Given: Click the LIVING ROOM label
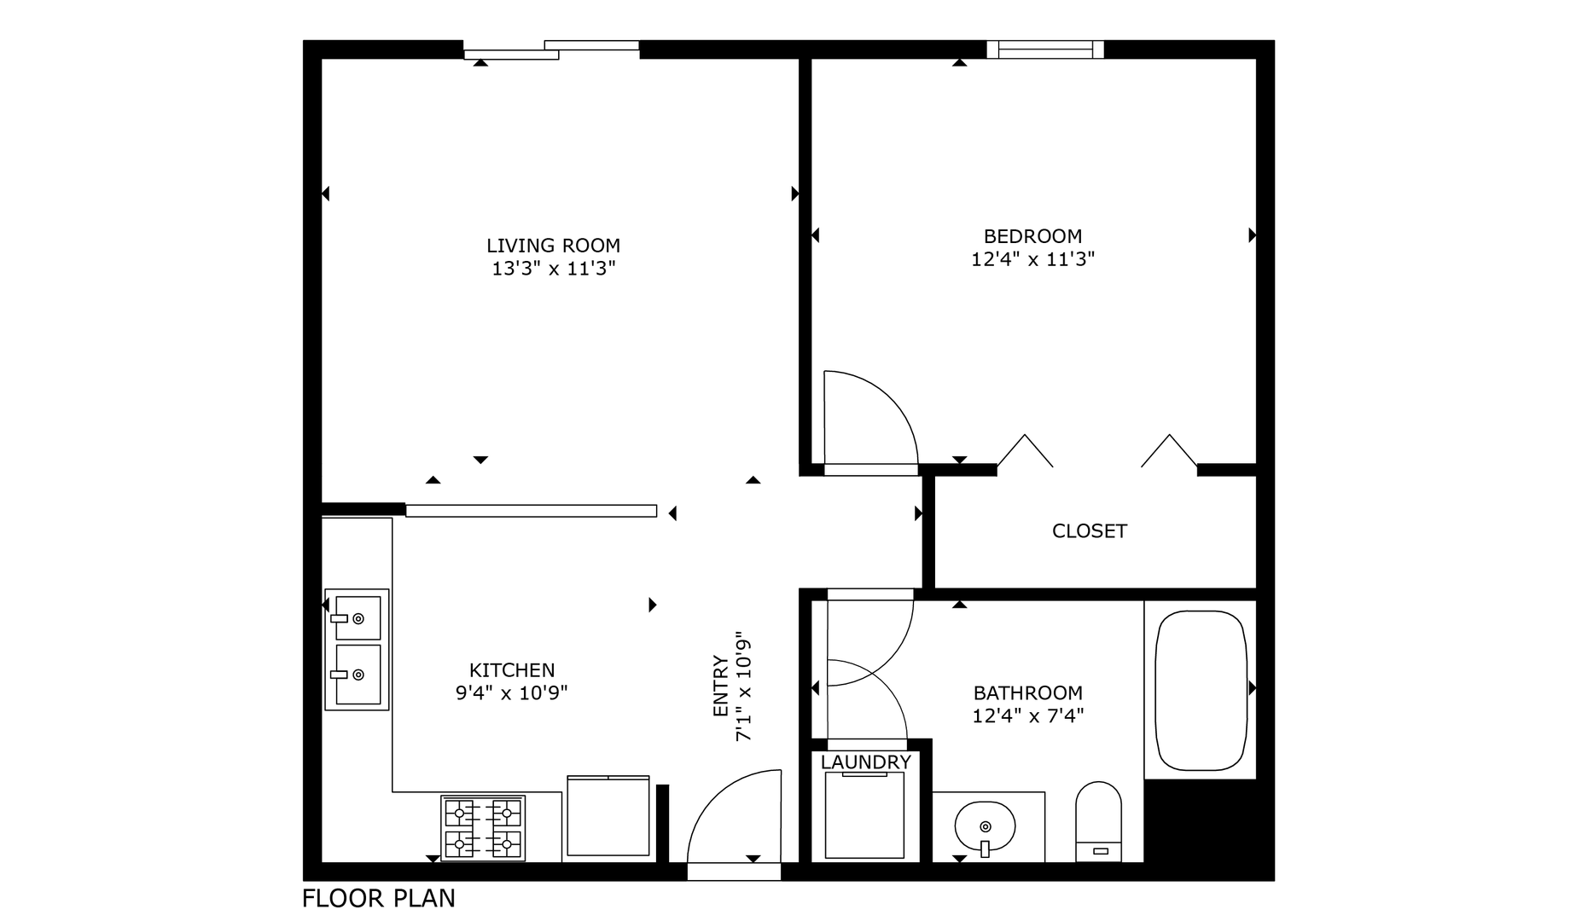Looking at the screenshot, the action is pos(553,246).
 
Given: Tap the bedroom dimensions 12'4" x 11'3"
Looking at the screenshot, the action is pos(1032,259).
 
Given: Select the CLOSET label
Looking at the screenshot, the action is pos(1089,531).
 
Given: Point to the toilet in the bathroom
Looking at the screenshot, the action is pos(1098,821).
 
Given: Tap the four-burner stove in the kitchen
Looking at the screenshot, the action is pos(483,827).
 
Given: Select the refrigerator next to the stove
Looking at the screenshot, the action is pos(608,815).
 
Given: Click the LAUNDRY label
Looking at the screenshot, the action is pos(866,762).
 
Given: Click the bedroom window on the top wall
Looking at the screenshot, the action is pos(1045,49).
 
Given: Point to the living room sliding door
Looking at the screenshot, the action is pos(551,49).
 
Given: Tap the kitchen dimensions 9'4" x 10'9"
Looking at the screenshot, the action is pos(512,693).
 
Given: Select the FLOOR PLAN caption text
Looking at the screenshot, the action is pos(379,899).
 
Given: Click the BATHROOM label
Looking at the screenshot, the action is pos(1028,693).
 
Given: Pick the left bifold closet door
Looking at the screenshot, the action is pos(1025,451).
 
